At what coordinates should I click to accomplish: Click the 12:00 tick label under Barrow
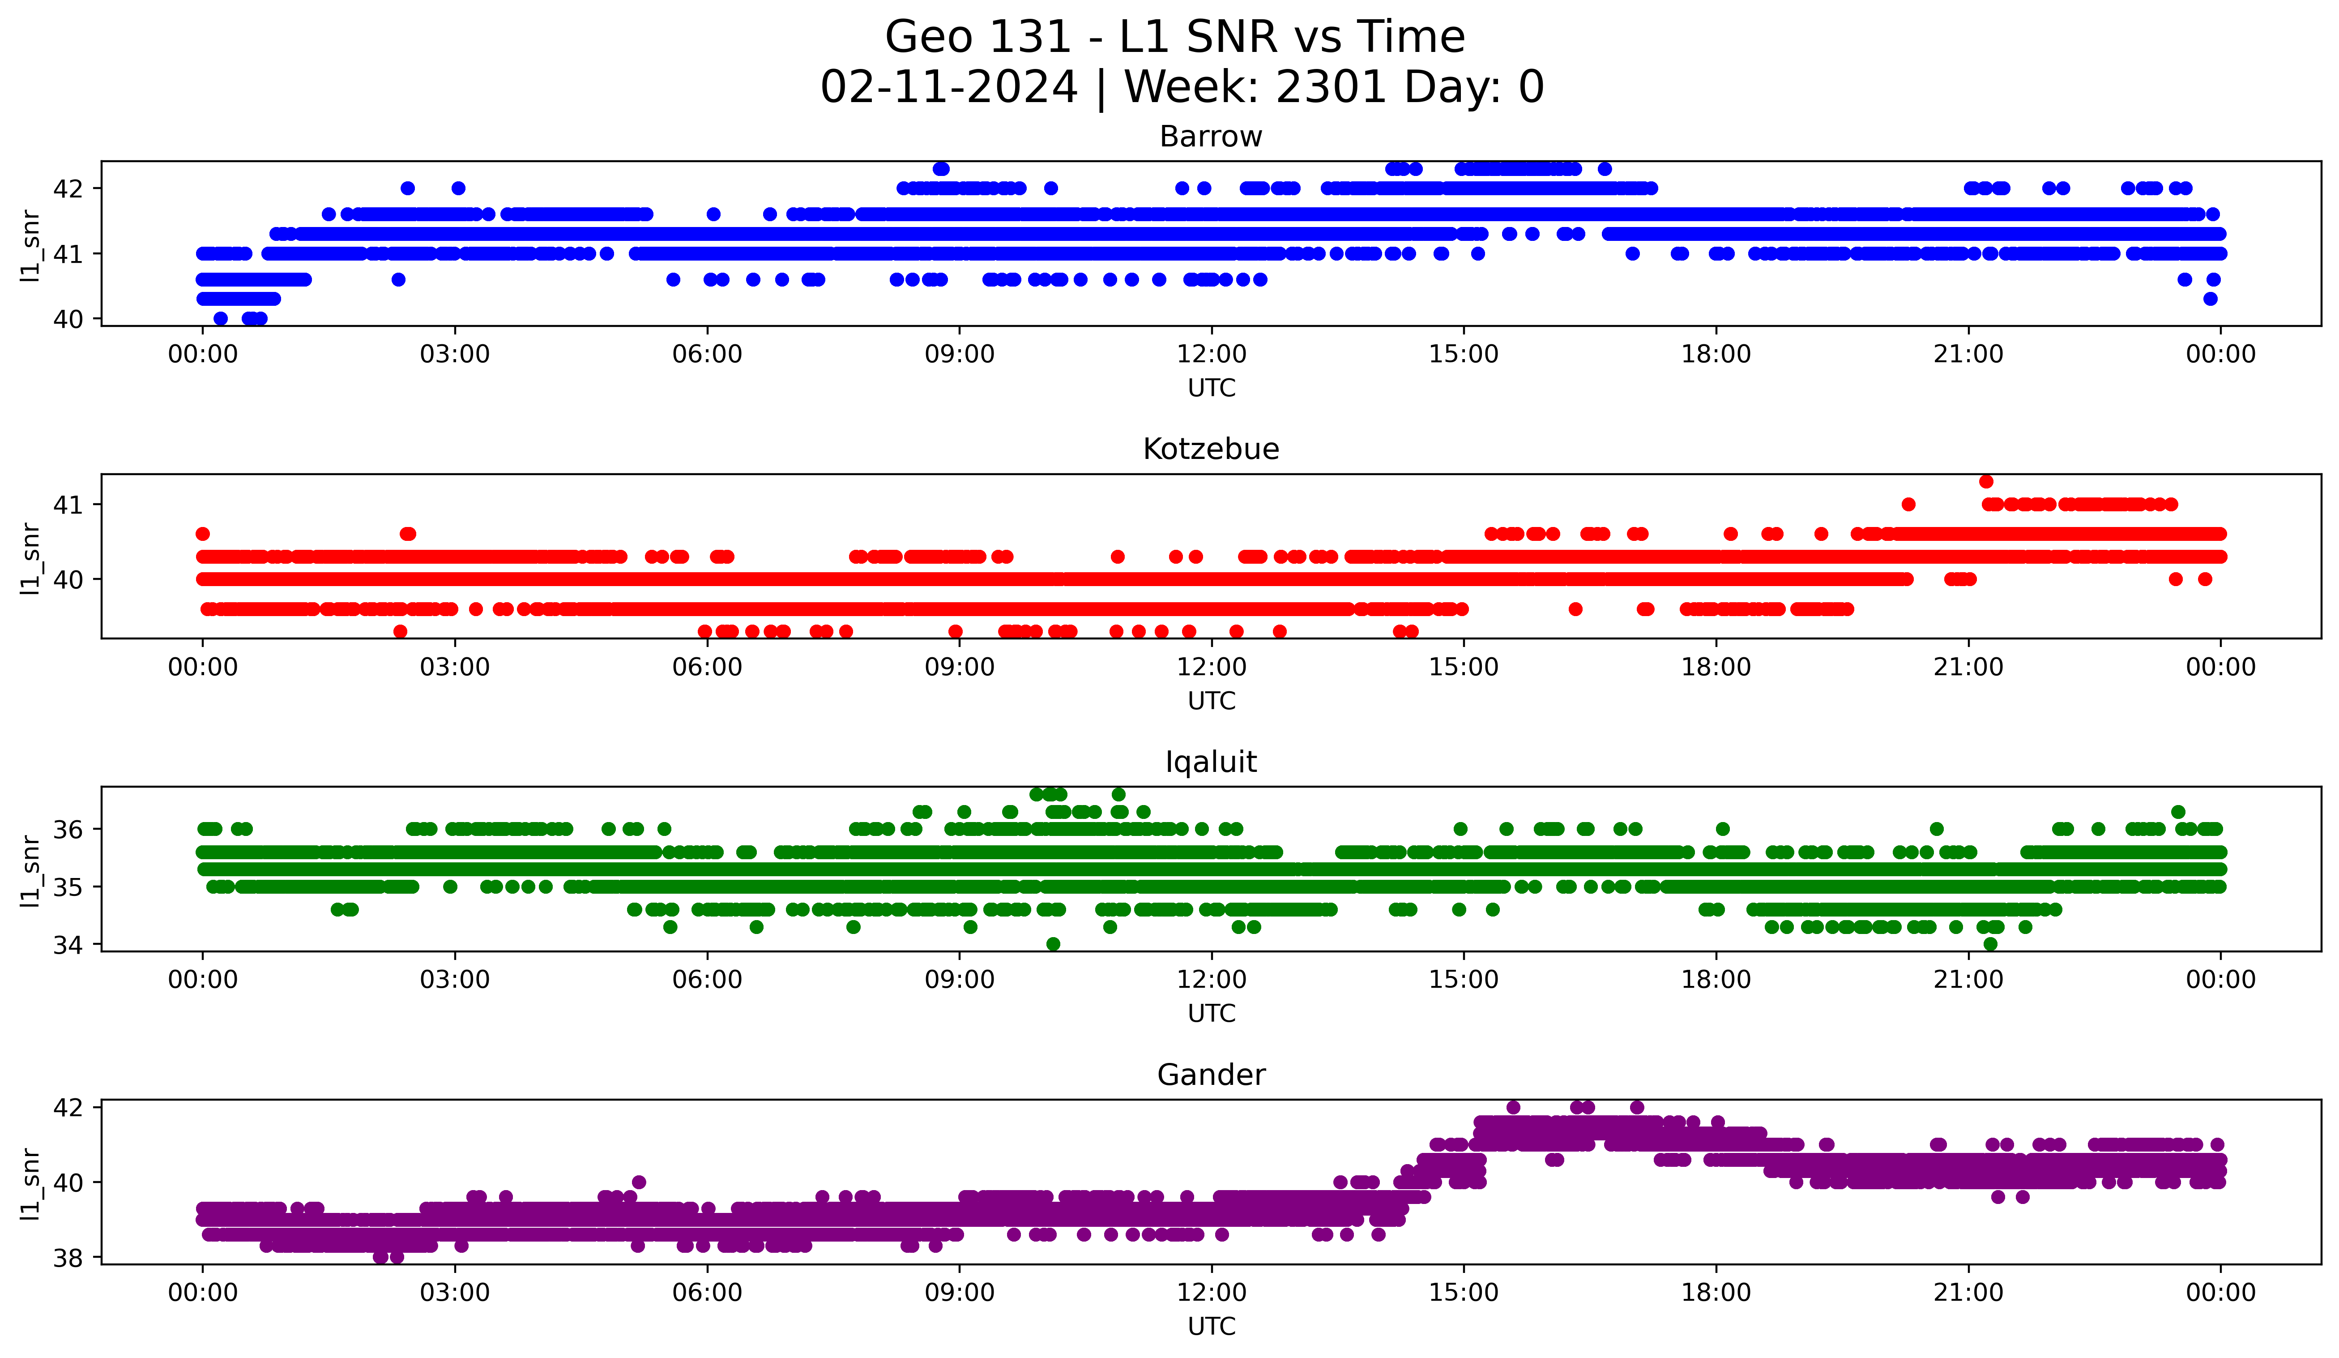tap(1211, 355)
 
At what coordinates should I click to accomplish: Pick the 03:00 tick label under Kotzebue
tap(455, 668)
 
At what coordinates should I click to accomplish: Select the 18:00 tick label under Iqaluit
tap(1715, 980)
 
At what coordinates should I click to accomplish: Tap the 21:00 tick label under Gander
tap(1968, 1293)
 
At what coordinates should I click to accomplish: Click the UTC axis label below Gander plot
tap(1211, 1327)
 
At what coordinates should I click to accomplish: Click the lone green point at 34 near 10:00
tap(1053, 944)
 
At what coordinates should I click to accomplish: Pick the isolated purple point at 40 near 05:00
tap(639, 1182)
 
